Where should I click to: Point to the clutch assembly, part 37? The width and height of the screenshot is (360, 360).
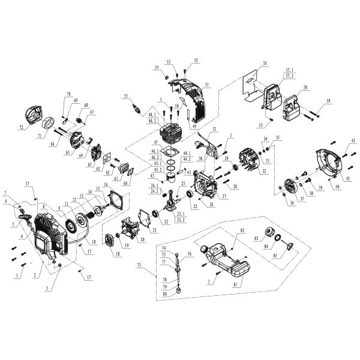click(291, 184)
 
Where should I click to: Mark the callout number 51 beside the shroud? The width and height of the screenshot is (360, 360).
click(206, 85)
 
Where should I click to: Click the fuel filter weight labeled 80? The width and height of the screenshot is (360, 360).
click(178, 292)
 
